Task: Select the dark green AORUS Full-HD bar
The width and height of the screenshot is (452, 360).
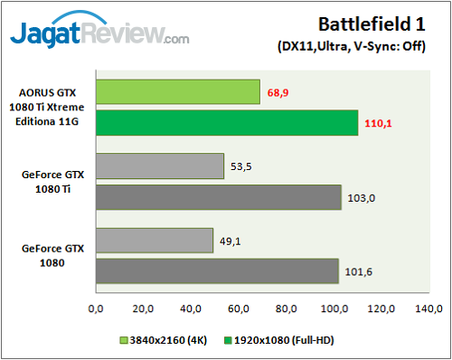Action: (x=227, y=122)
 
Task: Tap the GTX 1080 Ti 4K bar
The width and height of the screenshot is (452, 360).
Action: (x=159, y=166)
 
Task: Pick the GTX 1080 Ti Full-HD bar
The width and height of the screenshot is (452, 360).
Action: (x=218, y=196)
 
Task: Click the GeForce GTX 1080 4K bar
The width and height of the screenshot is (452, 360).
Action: (x=154, y=240)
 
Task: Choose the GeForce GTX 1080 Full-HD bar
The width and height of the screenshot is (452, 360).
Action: (x=216, y=270)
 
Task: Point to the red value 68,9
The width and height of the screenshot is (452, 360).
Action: (x=278, y=92)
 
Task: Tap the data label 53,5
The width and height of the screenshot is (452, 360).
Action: (x=241, y=167)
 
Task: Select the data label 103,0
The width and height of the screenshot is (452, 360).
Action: (x=360, y=197)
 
